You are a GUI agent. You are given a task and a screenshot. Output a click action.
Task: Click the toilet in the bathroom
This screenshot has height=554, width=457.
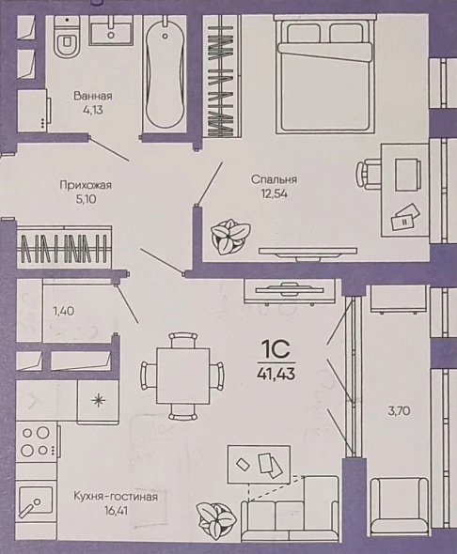click(66, 37)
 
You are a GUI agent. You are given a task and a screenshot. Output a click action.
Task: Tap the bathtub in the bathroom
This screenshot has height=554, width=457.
click(165, 72)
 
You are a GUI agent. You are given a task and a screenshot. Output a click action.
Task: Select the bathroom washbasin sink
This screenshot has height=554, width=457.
click(111, 30)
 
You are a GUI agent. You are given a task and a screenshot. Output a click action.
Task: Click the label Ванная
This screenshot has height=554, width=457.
click(93, 96)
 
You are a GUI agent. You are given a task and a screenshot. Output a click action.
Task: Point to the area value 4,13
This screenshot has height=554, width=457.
click(93, 110)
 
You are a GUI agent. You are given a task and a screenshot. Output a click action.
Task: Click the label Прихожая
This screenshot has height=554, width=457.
click(86, 185)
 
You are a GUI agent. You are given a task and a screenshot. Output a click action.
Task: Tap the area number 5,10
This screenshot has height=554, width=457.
click(86, 199)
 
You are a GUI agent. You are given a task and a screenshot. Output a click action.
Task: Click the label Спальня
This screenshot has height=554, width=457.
click(274, 179)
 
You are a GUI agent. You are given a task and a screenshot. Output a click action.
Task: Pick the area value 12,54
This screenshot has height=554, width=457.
click(274, 193)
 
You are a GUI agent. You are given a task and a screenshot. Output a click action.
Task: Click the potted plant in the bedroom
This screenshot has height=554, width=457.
click(230, 236)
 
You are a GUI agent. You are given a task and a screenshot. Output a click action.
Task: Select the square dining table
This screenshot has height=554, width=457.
click(182, 376)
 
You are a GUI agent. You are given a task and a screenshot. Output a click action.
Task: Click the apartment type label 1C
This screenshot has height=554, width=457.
click(276, 349)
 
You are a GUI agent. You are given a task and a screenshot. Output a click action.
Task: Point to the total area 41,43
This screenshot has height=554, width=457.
click(276, 373)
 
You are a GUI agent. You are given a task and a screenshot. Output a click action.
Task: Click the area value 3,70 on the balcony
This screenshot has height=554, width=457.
click(399, 411)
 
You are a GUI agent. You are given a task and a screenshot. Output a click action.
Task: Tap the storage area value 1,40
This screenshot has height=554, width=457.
click(64, 311)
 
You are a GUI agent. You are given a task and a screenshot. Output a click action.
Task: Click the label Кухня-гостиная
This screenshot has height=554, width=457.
click(116, 497)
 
